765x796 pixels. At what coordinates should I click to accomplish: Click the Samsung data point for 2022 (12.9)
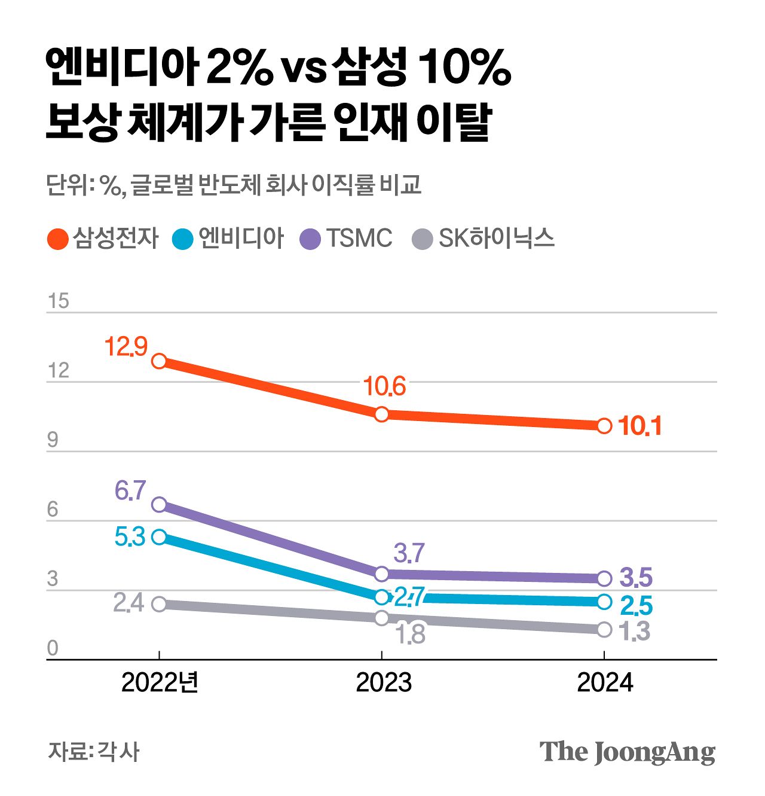pos(159,361)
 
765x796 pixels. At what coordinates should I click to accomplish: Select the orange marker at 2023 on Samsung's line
pos(382,414)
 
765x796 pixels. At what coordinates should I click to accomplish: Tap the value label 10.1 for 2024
pos(639,426)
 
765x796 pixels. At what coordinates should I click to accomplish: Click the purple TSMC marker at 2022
pos(159,504)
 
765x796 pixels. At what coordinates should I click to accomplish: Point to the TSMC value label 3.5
pos(636,578)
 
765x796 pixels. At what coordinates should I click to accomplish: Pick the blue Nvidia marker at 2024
pos(604,602)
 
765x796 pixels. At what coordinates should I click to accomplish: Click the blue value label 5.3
pos(130,537)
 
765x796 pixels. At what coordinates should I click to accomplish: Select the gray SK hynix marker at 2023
pos(382,618)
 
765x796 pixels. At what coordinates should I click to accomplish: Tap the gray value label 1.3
pos(635,632)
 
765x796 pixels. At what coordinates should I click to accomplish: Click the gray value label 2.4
pos(128,603)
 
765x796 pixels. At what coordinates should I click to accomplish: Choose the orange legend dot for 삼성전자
pos(57,239)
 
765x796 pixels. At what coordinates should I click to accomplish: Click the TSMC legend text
pos(359,239)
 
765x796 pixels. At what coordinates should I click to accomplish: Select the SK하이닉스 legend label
pos(496,239)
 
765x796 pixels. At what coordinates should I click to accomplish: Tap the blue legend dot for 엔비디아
pos(183,239)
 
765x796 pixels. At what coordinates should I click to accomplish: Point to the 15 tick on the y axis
pos(59,301)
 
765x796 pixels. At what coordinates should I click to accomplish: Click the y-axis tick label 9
pos(53,440)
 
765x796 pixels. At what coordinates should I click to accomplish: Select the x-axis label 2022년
pos(160,682)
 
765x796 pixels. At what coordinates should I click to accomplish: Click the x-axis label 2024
pos(604,682)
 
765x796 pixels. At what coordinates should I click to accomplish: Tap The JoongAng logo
pos(627,752)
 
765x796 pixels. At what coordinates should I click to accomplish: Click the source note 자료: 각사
pos(93,752)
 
